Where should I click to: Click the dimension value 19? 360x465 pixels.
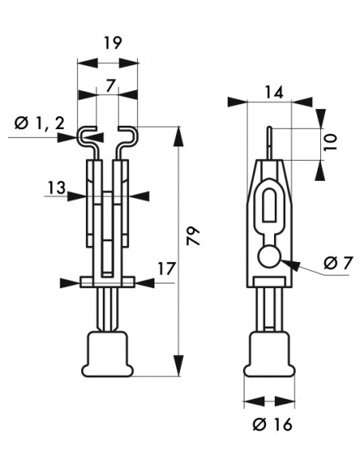[113, 43]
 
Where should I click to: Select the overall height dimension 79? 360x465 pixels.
[194, 236]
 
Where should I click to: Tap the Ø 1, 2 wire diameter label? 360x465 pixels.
[40, 123]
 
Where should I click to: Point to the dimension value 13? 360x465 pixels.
[57, 188]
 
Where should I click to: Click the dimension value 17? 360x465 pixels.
[166, 268]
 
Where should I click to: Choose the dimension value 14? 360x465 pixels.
[274, 92]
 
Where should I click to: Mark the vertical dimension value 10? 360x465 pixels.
[330, 142]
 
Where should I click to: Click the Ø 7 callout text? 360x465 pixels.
[338, 263]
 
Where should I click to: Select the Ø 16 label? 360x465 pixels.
[272, 424]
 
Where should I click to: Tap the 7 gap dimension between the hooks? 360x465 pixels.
[110, 86]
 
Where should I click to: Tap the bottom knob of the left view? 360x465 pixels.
[108, 354]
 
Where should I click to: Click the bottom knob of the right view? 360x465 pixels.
[269, 354]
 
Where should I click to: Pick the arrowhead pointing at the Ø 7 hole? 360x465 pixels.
[290, 264]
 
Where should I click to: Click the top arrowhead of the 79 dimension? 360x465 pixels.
[178, 136]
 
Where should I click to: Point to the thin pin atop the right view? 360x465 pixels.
[269, 144]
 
